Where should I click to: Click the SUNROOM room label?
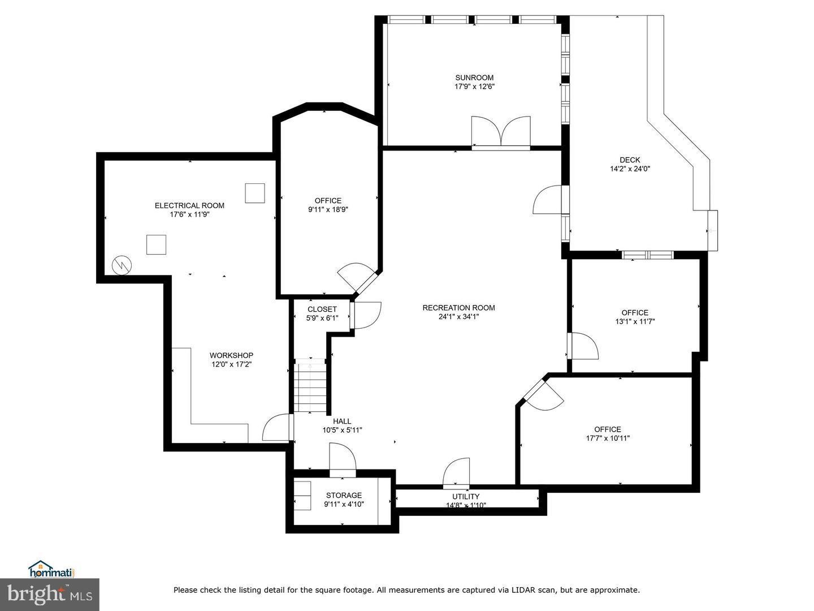(x=474, y=78)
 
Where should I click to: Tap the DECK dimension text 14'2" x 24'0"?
(x=630, y=169)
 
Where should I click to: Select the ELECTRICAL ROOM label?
(x=189, y=205)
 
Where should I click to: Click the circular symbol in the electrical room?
(x=122, y=265)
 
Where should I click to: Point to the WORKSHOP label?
(x=231, y=355)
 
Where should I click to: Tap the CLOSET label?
(x=322, y=309)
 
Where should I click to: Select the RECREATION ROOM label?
(x=458, y=308)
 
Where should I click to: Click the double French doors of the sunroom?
(x=501, y=133)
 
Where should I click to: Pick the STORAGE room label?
(x=343, y=495)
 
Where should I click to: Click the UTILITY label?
(x=465, y=497)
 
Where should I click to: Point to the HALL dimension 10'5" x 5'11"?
(x=342, y=430)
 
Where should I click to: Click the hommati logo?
(x=51, y=569)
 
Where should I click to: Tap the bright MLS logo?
(x=49, y=594)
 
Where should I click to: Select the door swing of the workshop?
(x=277, y=428)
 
